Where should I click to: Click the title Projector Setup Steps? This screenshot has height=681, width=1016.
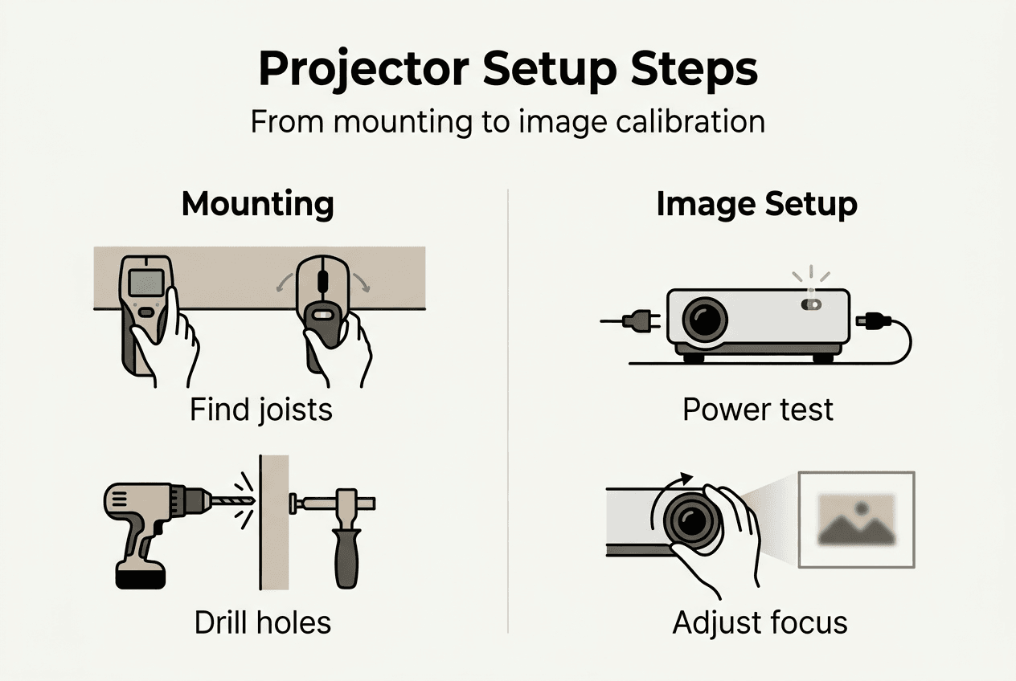[x=507, y=70]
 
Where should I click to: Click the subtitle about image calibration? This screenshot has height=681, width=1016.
[x=507, y=122]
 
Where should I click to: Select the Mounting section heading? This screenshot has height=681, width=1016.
[x=257, y=204]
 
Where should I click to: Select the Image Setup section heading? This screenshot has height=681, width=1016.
[x=756, y=204]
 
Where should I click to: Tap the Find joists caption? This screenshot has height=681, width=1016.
[x=260, y=410]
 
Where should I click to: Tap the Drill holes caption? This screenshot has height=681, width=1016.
[x=262, y=622]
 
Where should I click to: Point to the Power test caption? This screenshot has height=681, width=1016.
[x=757, y=410]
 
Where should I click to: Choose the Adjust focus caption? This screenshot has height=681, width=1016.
[x=760, y=622]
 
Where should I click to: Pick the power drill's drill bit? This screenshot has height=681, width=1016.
[x=233, y=501]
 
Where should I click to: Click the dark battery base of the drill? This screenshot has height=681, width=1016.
[x=141, y=575]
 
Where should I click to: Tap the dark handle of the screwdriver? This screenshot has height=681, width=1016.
[x=347, y=554]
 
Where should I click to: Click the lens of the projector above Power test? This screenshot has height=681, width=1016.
[x=704, y=319]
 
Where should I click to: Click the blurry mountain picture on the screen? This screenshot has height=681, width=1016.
[x=855, y=520]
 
